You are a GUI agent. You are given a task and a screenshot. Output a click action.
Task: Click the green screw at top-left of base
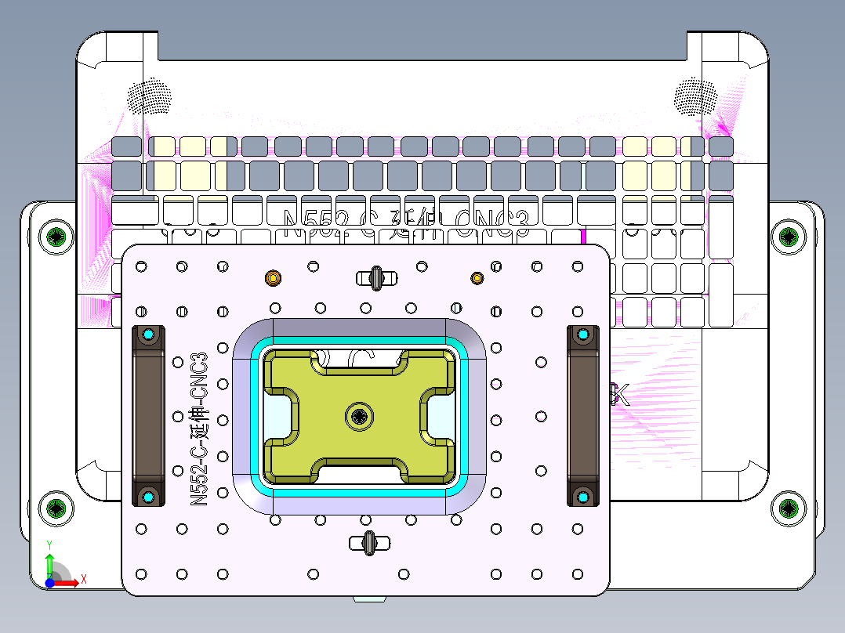[57, 236]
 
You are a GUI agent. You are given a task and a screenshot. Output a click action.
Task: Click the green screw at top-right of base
[788, 236]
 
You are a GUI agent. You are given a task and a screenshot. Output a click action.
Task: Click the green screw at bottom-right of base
[788, 508]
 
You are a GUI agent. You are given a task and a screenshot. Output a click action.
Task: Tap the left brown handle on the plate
[147, 416]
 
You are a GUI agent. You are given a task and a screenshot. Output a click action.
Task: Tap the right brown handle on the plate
[582, 416]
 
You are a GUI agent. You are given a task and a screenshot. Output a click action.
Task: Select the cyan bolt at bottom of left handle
[148, 497]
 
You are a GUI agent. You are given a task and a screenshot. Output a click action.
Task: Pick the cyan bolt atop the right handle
[582, 335]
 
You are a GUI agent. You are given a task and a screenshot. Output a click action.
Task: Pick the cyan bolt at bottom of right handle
[582, 497]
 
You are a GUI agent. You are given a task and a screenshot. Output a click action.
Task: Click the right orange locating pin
[477, 277]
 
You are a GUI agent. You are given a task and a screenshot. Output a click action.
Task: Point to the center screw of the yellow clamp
[360, 416]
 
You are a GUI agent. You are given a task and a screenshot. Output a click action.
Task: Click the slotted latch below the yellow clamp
[368, 541]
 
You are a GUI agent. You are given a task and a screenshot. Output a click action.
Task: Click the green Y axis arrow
[49, 559]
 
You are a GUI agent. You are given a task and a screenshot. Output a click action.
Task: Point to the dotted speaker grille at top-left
[149, 96]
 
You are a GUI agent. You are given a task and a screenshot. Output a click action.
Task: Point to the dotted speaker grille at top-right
[695, 96]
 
